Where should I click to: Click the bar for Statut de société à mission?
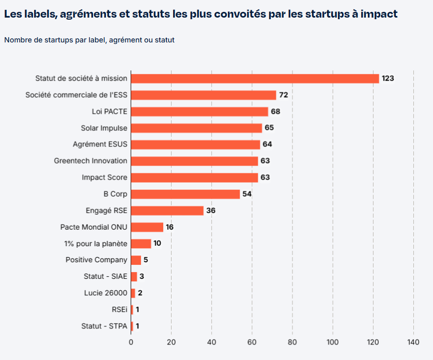coord(255,79)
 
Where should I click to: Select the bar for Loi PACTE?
coord(199,112)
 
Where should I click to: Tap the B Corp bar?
coord(185,194)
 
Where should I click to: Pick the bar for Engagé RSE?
coord(167,211)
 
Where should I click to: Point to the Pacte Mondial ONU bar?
coord(147,227)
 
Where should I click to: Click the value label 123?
coord(388,79)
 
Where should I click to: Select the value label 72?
coord(283,95)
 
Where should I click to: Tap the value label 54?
coord(247,194)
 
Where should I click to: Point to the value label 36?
coord(210,211)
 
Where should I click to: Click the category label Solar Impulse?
coord(104,128)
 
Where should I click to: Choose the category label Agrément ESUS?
coord(100,144)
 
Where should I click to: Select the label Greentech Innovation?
coord(90,161)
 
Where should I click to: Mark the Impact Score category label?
coord(104,177)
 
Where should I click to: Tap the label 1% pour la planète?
coord(96,244)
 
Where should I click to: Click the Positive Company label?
coord(96,260)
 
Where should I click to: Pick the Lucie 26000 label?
coord(105,293)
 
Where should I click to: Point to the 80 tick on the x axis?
coord(292,341)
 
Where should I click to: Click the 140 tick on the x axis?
coord(413,341)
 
